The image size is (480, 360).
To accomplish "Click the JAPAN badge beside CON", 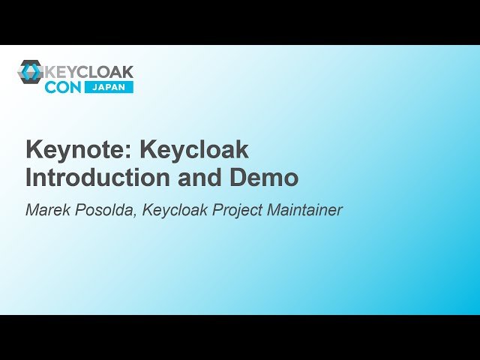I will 109,87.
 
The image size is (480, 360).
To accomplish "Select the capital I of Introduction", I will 29,178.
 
